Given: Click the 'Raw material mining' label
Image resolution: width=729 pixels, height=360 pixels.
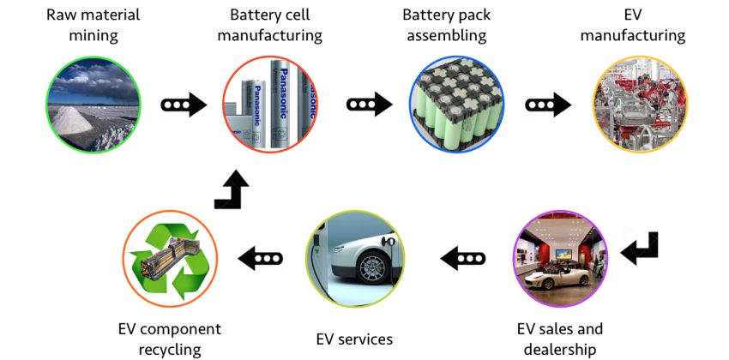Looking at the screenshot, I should pyautogui.click(x=93, y=25).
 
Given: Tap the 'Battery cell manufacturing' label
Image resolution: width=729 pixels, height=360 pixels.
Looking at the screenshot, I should pyautogui.click(x=270, y=25).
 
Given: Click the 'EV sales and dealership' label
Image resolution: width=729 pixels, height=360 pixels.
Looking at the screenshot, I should pyautogui.click(x=560, y=339).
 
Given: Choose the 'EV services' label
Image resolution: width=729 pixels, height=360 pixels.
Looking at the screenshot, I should pyautogui.click(x=353, y=339).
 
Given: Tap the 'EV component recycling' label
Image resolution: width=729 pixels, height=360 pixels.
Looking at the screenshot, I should pyautogui.click(x=170, y=339).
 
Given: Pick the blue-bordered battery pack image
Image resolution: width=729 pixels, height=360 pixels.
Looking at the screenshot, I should pyautogui.click(x=457, y=105).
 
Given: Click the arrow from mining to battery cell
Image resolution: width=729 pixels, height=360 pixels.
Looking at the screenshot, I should pyautogui.click(x=184, y=105).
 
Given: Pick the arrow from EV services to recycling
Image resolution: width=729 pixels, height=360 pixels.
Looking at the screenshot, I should pyautogui.click(x=260, y=256).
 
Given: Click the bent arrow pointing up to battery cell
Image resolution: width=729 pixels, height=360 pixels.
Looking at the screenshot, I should pyautogui.click(x=232, y=189).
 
